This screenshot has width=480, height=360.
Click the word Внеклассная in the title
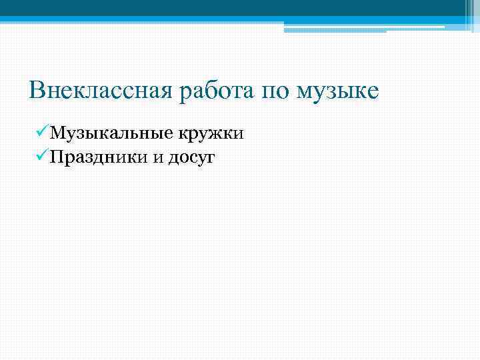click(101, 89)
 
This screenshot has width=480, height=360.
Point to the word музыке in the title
click(339, 89)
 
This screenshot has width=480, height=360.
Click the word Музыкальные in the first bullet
click(110, 134)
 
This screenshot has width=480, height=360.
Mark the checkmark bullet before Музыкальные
click(40, 133)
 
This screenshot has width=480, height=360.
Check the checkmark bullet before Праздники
click(40, 157)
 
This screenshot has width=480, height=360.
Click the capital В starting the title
click(37, 89)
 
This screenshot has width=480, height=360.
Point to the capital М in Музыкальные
click(58, 133)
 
